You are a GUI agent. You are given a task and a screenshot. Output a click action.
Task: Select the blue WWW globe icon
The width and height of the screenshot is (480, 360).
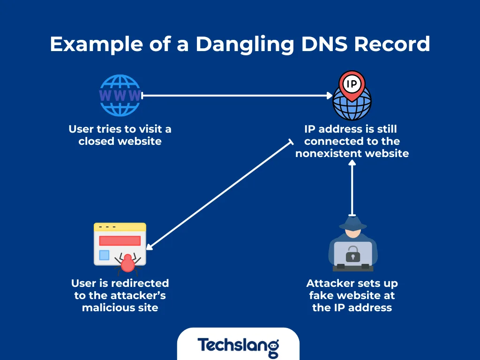pyautogui.click(x=120, y=96)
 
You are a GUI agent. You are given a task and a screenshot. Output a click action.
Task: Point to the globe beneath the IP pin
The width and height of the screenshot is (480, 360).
pyautogui.click(x=352, y=105)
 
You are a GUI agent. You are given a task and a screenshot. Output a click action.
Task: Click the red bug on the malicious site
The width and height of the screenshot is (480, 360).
pyautogui.click(x=126, y=264)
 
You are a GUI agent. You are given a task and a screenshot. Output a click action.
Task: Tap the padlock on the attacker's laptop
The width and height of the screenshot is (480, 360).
pyautogui.click(x=352, y=255)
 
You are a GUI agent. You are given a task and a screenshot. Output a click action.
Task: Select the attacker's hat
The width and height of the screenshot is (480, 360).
pyautogui.click(x=352, y=223)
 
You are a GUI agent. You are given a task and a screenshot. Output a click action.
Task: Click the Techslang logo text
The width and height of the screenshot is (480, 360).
pyautogui.click(x=238, y=346)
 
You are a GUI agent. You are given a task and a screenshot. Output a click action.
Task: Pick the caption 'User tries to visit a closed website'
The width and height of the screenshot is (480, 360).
pyautogui.click(x=120, y=135)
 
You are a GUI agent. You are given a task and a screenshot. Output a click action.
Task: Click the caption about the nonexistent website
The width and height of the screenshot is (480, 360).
pyautogui.click(x=352, y=141)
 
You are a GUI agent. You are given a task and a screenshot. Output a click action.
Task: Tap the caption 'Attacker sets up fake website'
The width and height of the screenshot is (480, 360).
pyautogui.click(x=352, y=295)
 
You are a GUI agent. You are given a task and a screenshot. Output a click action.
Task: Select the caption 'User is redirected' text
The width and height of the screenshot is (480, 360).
pyautogui.click(x=120, y=295)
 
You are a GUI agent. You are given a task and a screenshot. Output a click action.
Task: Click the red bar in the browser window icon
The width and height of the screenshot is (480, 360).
pyautogui.click(x=120, y=240)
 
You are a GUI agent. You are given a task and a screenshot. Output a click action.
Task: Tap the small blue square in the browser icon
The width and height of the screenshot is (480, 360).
pyautogui.click(x=104, y=255)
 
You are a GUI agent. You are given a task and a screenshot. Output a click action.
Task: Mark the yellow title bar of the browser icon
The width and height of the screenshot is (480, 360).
pyautogui.click(x=120, y=227)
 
